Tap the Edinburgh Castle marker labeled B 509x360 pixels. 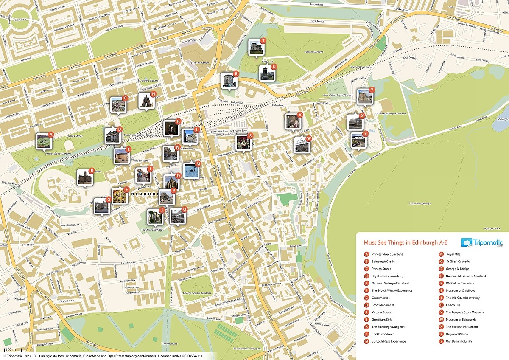84,177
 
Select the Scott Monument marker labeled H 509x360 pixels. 146,101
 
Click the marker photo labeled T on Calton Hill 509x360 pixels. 256,48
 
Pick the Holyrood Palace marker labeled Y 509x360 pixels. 364,97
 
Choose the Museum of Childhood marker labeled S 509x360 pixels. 243,143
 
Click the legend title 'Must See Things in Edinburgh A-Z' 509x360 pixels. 406,243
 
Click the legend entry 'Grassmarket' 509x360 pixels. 380,298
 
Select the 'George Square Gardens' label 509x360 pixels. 196,293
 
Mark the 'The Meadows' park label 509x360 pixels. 169,343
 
